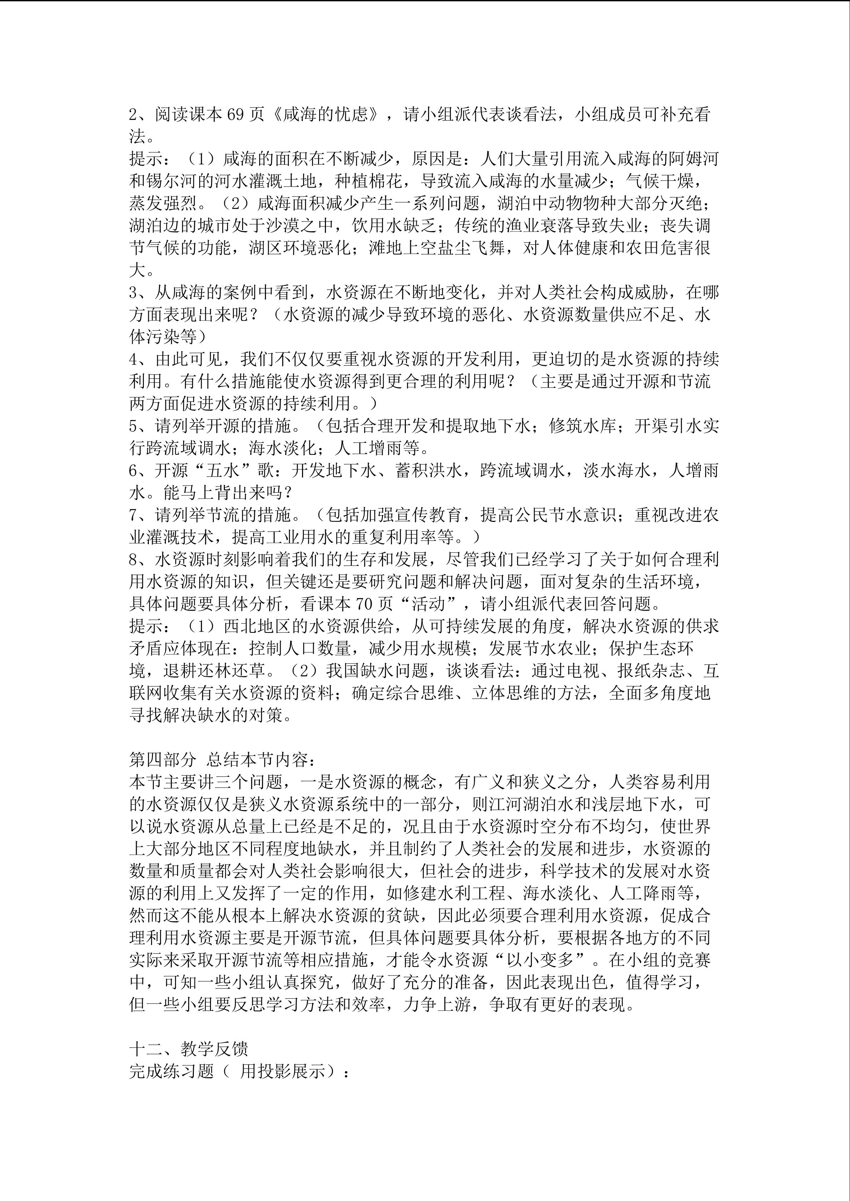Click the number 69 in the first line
[235, 114]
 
